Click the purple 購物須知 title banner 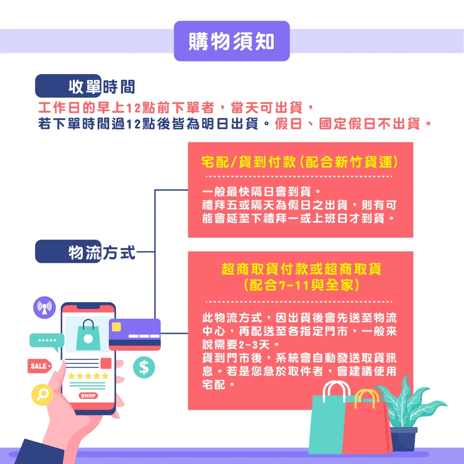click(x=232, y=41)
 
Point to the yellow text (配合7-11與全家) click(x=301, y=285)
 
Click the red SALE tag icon click(x=40, y=366)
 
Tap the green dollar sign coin click(x=144, y=367)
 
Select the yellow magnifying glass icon click(x=42, y=394)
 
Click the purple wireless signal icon click(x=45, y=307)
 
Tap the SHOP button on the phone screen click(x=88, y=396)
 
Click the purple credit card click(x=135, y=334)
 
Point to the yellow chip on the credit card click(x=116, y=327)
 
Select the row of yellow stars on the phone click(x=88, y=376)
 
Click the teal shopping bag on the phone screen click(x=88, y=335)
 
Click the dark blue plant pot click(x=403, y=439)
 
